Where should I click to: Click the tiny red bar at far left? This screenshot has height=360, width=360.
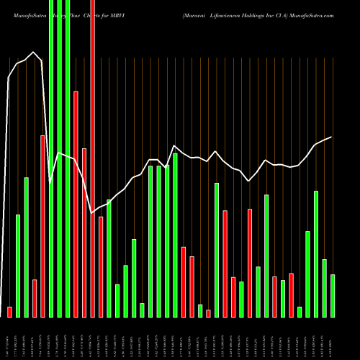tap(9, 312)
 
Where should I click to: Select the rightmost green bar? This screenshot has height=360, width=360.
tap(333, 295)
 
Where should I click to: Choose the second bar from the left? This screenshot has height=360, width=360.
tap(18, 266)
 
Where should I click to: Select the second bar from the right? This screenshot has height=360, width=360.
tap(324, 287)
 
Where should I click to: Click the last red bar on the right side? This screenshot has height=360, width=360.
tap(291, 294)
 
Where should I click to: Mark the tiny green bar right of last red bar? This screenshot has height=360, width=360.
tap(300, 312)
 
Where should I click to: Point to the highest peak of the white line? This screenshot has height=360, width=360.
tap(34, 52)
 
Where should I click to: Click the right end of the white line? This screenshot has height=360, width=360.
tap(331, 137)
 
